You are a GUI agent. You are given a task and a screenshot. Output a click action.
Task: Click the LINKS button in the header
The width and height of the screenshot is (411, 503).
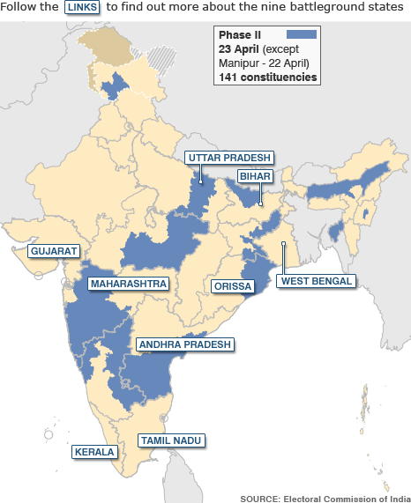[x=84, y=7]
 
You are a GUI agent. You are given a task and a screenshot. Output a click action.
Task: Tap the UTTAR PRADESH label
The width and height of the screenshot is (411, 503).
[x=228, y=158]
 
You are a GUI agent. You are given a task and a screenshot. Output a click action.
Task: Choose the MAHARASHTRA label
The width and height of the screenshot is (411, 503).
[x=129, y=285]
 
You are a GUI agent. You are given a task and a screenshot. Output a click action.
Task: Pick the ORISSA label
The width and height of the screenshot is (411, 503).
[x=233, y=286]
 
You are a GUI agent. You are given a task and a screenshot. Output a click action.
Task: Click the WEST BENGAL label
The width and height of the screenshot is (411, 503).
[x=316, y=281]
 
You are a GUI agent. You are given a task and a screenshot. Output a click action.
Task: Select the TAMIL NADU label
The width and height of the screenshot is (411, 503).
[x=171, y=440]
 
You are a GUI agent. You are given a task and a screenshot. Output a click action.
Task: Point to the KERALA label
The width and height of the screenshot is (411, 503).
[x=94, y=452]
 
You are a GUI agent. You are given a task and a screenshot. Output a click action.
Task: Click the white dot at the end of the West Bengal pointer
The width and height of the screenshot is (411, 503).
[x=282, y=244]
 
